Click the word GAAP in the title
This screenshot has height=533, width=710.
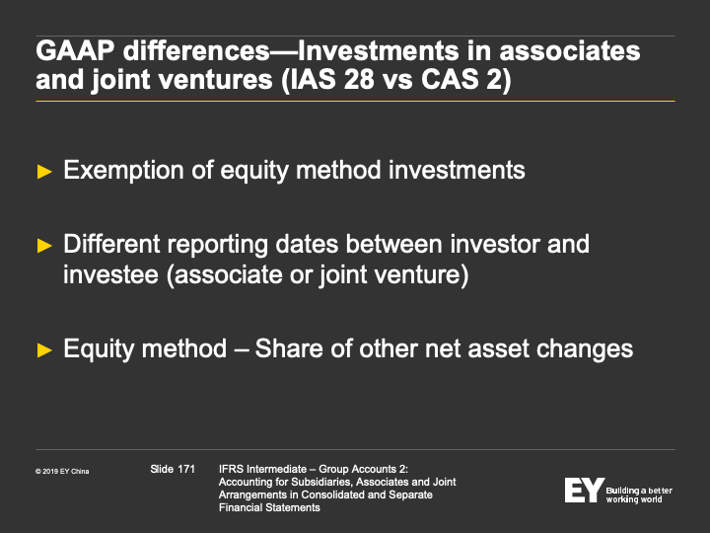pyautogui.click(x=75, y=50)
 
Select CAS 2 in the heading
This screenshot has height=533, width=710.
pyautogui.click(x=461, y=79)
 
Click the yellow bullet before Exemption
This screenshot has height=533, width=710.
pyautogui.click(x=44, y=172)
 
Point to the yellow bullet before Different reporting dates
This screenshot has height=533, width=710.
pyautogui.click(x=44, y=246)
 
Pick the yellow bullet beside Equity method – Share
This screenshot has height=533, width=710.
pyautogui.click(x=44, y=349)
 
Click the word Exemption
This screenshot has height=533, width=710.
pyautogui.click(x=123, y=171)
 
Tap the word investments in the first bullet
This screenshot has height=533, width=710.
pyautogui.click(x=457, y=170)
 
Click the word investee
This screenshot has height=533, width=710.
pyautogui.click(x=110, y=274)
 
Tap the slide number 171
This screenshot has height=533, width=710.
pyautogui.click(x=186, y=469)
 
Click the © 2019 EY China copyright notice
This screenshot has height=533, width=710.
pyautogui.click(x=62, y=472)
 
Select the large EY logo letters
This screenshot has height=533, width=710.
pyautogui.click(x=584, y=490)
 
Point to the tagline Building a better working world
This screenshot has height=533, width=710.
pyautogui.click(x=639, y=495)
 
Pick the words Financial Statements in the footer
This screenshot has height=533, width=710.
pyautogui.click(x=269, y=507)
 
